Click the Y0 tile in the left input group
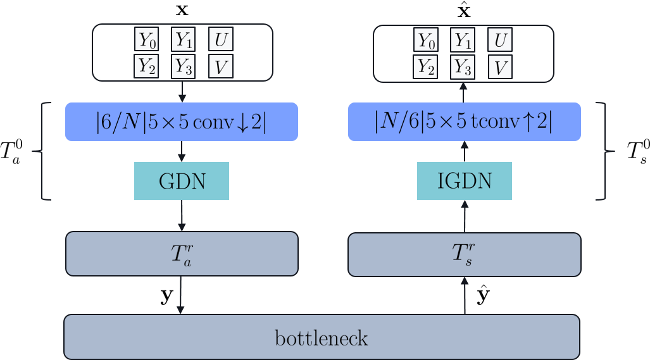pos(147,40)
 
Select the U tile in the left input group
pos(220,40)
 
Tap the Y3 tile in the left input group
pos(184,66)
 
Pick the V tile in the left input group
pos(220,66)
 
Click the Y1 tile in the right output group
pos(463,40)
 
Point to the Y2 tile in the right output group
pos(427,66)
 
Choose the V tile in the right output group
pos(500,66)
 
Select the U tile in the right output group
pos(500,40)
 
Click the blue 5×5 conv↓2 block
pos(182,121)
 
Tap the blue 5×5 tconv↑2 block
pos(464,121)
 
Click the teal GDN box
pos(182,181)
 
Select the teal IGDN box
pos(465,181)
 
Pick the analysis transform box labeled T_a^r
pos(182,254)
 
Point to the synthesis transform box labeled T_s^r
pos(465,254)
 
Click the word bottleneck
pos(322,338)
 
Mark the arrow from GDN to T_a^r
pos(182,216)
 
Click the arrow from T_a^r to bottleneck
pos(182,295)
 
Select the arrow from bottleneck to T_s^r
pos(465,295)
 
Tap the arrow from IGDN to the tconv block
pos(465,152)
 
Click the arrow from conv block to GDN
pos(182,151)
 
